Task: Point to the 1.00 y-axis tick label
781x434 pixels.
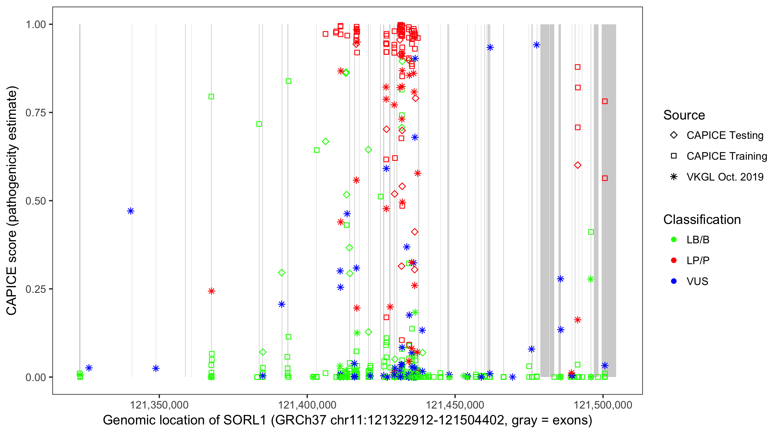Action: coord(36,24)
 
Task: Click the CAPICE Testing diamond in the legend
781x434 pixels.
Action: coord(674,135)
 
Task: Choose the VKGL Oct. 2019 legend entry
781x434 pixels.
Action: coord(725,177)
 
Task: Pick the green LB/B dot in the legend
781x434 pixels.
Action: coord(674,240)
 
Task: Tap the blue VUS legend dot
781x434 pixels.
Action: coord(674,281)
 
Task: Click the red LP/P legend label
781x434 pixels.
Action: coord(698,260)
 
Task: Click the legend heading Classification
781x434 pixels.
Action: coord(702,220)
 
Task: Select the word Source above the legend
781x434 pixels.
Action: coord(684,115)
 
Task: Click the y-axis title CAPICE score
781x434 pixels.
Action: coord(12,201)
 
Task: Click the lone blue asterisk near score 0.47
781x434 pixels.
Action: coord(131,211)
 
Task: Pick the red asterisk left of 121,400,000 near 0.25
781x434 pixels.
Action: coord(211,291)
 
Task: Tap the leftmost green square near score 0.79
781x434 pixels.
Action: coord(211,97)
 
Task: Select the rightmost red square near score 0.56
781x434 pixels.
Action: coord(605,178)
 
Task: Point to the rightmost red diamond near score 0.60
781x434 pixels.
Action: coord(578,165)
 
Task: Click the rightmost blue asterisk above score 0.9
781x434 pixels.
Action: coord(536,45)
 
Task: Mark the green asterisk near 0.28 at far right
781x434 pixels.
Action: coord(590,279)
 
